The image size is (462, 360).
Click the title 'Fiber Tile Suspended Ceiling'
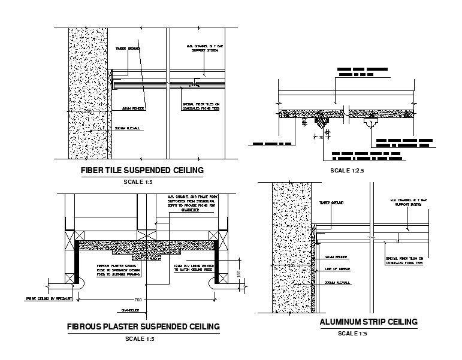[x=142, y=171]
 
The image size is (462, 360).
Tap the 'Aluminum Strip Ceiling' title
[x=368, y=322]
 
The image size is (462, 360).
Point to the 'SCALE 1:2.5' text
[x=348, y=171]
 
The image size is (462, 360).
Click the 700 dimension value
[x=139, y=298]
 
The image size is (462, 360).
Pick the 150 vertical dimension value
[x=238, y=273]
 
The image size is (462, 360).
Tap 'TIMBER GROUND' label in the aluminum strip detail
[x=332, y=203]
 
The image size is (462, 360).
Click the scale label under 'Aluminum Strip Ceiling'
[x=352, y=334]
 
